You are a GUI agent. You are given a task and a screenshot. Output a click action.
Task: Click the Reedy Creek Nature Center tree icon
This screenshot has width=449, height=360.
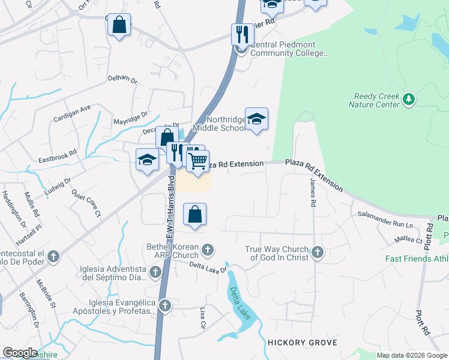(x=409, y=98)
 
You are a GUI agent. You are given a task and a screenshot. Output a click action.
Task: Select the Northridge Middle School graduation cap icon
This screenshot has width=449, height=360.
(x=256, y=118)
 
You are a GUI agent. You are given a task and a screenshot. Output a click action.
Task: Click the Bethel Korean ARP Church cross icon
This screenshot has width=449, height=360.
(x=208, y=249)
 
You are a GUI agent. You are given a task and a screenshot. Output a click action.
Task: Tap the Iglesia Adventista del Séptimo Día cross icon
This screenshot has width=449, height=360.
(x=155, y=272)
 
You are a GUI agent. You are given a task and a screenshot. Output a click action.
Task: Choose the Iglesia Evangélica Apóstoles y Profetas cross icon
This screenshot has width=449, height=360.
(x=164, y=306)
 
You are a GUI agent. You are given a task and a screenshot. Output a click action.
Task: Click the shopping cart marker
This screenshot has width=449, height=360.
(x=197, y=161)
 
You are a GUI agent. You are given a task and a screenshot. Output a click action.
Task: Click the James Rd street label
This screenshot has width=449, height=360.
(x=313, y=192)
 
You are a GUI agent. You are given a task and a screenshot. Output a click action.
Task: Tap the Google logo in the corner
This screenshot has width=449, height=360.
(x=19, y=352)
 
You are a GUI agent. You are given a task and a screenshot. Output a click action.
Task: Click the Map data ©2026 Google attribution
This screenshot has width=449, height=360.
(x=412, y=355)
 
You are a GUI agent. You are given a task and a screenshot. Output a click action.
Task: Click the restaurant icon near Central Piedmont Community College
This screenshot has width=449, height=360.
(x=242, y=34)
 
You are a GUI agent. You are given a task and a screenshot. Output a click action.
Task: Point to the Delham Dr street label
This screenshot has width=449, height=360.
(x=122, y=79)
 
